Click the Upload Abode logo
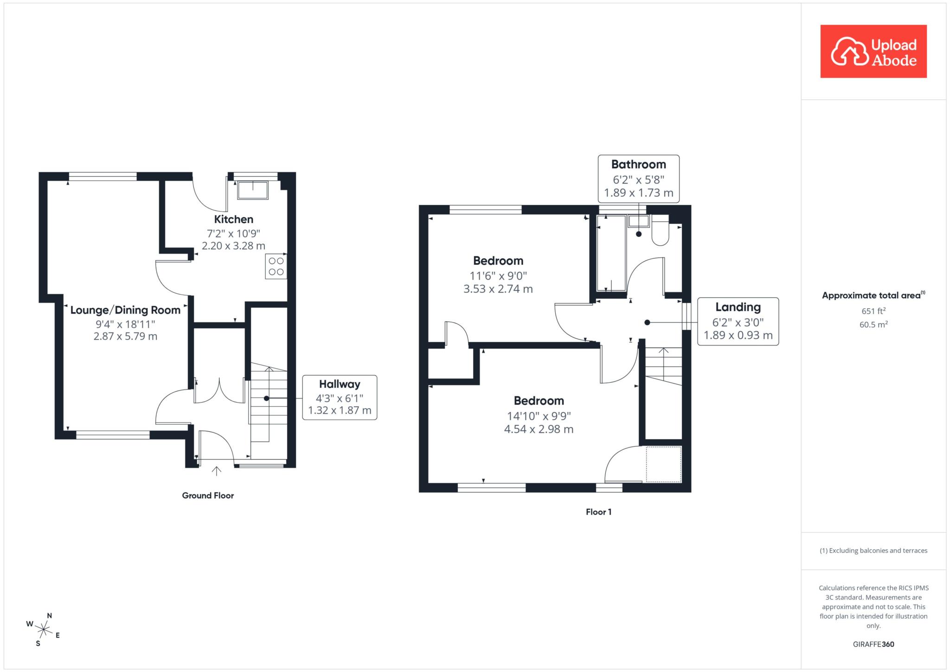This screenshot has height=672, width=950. (x=873, y=51)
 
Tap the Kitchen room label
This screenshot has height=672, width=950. (x=233, y=219)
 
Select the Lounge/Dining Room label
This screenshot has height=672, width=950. (x=125, y=310)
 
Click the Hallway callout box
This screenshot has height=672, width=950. (x=340, y=397)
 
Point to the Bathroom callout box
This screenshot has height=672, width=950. (x=639, y=179)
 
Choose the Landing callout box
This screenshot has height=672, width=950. (x=738, y=321)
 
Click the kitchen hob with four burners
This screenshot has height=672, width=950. (x=276, y=266)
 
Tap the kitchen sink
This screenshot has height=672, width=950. (x=253, y=191)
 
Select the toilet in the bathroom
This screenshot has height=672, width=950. (x=661, y=230)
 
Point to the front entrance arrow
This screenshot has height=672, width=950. (x=216, y=471)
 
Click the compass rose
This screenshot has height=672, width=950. (x=43, y=629)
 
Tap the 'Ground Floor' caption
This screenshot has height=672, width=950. (x=208, y=495)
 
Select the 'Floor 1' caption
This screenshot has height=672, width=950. (x=598, y=512)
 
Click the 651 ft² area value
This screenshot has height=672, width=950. (x=873, y=311)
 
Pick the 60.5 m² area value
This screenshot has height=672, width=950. (x=873, y=324)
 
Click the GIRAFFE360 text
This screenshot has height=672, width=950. (x=873, y=644)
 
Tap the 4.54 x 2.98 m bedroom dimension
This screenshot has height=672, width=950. (x=539, y=429)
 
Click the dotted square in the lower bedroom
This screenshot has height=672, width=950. (x=664, y=464)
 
